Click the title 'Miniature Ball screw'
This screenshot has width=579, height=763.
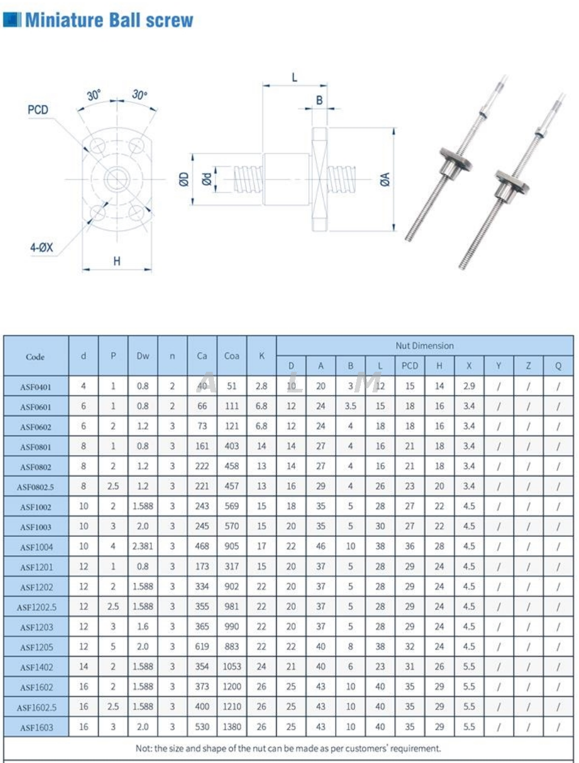[108, 20]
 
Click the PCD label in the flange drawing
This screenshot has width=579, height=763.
[38, 110]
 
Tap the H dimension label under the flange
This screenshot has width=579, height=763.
[116, 261]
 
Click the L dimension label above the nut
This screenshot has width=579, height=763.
[294, 77]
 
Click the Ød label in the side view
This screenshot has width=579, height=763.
[207, 179]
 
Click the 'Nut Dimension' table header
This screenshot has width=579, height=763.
[424, 346]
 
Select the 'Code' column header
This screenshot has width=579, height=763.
[35, 357]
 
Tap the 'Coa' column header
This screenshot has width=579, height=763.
[232, 356]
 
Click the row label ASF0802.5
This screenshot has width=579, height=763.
[35, 487]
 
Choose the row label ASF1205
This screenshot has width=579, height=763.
[35, 647]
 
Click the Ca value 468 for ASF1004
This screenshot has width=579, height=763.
[202, 547]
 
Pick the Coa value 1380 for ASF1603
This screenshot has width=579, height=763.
[232, 727]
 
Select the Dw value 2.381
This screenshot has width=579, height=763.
[143, 547]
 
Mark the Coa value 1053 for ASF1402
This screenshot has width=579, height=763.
[232, 667]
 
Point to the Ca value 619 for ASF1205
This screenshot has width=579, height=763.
[202, 647]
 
